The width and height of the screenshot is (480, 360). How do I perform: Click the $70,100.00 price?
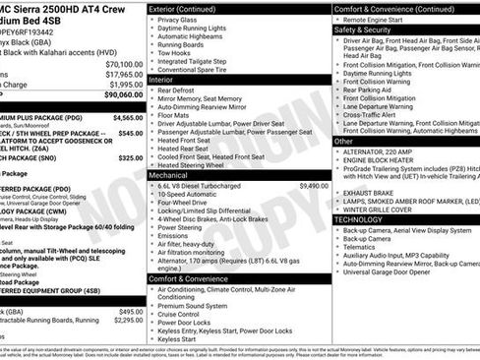tap(121, 64)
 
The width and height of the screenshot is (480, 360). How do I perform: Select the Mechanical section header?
tap(173, 175)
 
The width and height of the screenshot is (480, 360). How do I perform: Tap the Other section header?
tap(343, 142)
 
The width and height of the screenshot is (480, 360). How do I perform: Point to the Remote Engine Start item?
tap(382, 19)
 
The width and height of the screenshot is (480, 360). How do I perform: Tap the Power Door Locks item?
tap(184, 322)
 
